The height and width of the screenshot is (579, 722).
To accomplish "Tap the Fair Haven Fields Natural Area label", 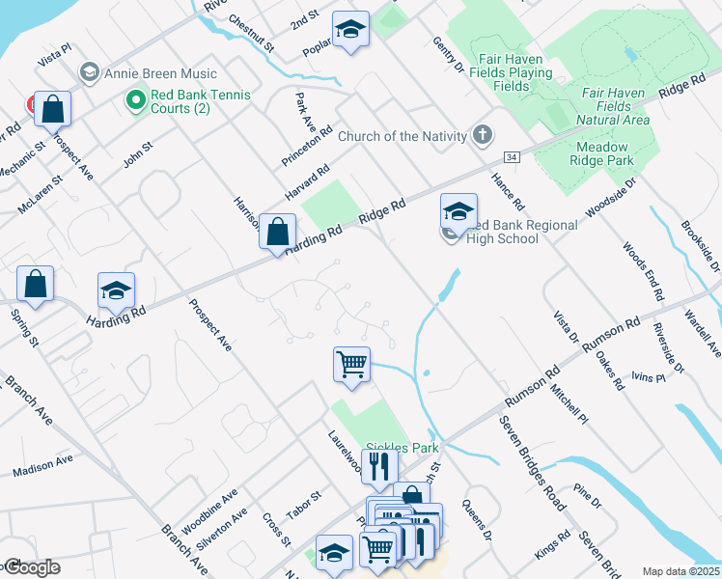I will (x=614, y=106).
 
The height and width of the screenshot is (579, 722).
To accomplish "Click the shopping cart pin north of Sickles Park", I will (x=351, y=365).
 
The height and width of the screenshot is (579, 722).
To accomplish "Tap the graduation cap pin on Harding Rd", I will (x=116, y=289).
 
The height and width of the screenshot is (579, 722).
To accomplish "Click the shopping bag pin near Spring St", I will (x=35, y=284).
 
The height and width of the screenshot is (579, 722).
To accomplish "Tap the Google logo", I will (x=31, y=567).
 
